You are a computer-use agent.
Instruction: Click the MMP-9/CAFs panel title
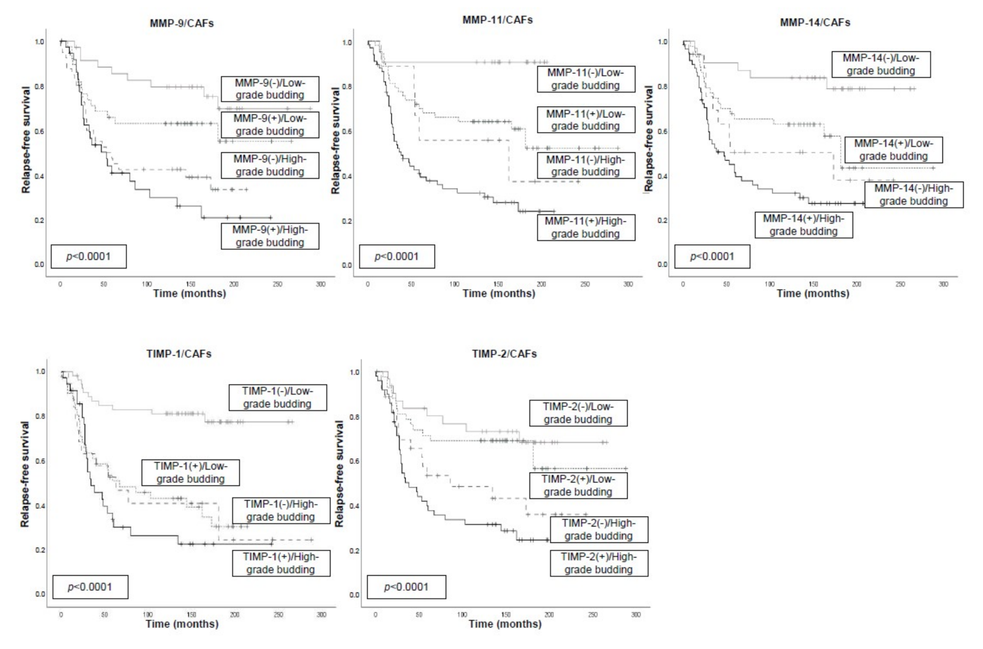(182, 24)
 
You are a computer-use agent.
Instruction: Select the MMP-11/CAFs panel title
(497, 20)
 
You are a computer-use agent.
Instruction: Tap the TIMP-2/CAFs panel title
(504, 354)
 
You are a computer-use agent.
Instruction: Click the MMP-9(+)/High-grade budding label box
(270, 236)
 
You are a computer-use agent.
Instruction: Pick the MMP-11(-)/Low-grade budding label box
(585, 79)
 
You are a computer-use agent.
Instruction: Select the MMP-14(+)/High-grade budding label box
(803, 225)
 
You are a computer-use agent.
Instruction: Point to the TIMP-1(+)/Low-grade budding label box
(191, 473)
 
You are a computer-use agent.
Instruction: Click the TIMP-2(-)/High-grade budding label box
(598, 529)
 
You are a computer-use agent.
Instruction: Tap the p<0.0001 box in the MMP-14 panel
(712, 257)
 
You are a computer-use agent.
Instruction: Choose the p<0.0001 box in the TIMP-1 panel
(90, 587)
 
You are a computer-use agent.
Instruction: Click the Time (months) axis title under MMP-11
(499, 293)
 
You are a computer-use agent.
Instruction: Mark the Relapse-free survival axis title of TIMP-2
(339, 474)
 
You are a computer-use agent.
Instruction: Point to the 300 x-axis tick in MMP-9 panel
(320, 284)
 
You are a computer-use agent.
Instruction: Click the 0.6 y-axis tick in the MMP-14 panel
(663, 131)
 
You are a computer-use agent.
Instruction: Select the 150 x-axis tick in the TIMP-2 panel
(506, 615)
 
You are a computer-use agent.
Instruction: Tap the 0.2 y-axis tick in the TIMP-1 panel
(40, 550)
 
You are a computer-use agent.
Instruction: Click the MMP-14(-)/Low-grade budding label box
(880, 65)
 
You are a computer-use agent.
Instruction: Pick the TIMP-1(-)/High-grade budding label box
(280, 510)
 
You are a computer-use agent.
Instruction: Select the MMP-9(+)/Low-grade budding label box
(270, 125)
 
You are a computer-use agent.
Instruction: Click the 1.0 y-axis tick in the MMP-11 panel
(347, 42)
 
